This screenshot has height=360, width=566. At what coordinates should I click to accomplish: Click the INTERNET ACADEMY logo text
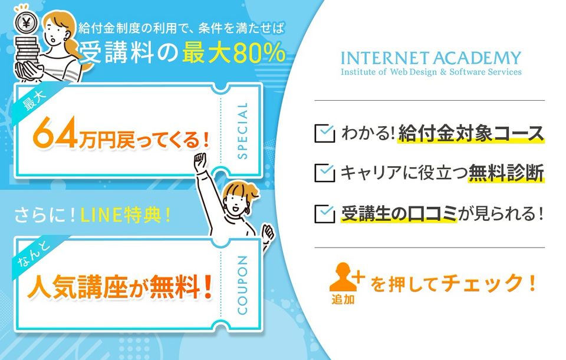[431, 58]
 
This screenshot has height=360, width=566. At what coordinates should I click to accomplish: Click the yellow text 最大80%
[234, 53]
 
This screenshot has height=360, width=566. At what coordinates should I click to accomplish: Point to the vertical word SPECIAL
[242, 131]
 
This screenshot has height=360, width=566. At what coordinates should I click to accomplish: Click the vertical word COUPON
[242, 285]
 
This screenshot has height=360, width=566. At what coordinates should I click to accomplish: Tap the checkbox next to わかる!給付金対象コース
[324, 133]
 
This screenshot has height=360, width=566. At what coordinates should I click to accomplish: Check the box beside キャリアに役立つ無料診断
[324, 173]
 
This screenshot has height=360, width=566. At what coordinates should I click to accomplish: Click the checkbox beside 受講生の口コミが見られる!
[324, 213]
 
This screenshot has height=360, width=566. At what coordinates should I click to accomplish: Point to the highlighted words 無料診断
[506, 173]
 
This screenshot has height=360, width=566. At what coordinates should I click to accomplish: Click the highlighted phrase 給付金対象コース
[470, 133]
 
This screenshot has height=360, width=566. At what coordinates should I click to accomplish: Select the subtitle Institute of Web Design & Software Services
[431, 72]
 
